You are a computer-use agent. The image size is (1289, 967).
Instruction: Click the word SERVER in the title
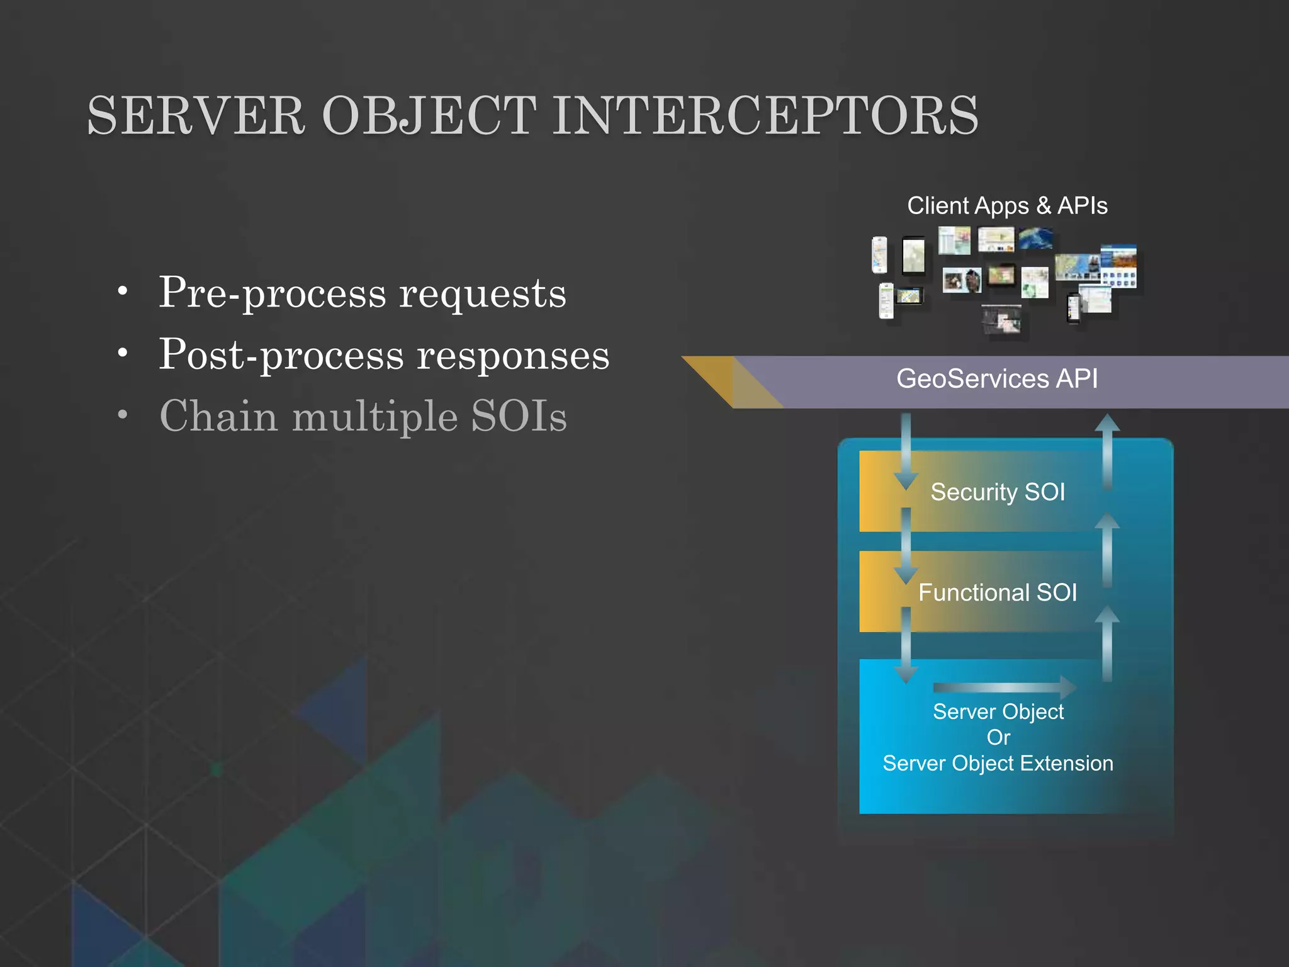196,116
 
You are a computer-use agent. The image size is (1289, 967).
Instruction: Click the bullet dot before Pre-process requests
123,291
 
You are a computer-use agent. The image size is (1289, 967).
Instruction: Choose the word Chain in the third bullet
218,416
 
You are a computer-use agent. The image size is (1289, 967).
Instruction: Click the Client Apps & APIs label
1007,206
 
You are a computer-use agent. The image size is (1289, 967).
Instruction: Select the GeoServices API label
997,379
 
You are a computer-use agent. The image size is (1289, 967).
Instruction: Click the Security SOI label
998,492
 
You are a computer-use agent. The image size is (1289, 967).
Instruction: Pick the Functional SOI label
998,592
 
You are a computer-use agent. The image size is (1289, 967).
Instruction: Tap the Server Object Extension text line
998,763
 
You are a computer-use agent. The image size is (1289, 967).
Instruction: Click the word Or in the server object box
998,737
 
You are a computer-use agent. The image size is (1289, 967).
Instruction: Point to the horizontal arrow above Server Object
1005,687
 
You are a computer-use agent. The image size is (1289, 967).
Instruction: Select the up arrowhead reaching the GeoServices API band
1107,423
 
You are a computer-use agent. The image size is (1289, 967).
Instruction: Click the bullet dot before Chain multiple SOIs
123,414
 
